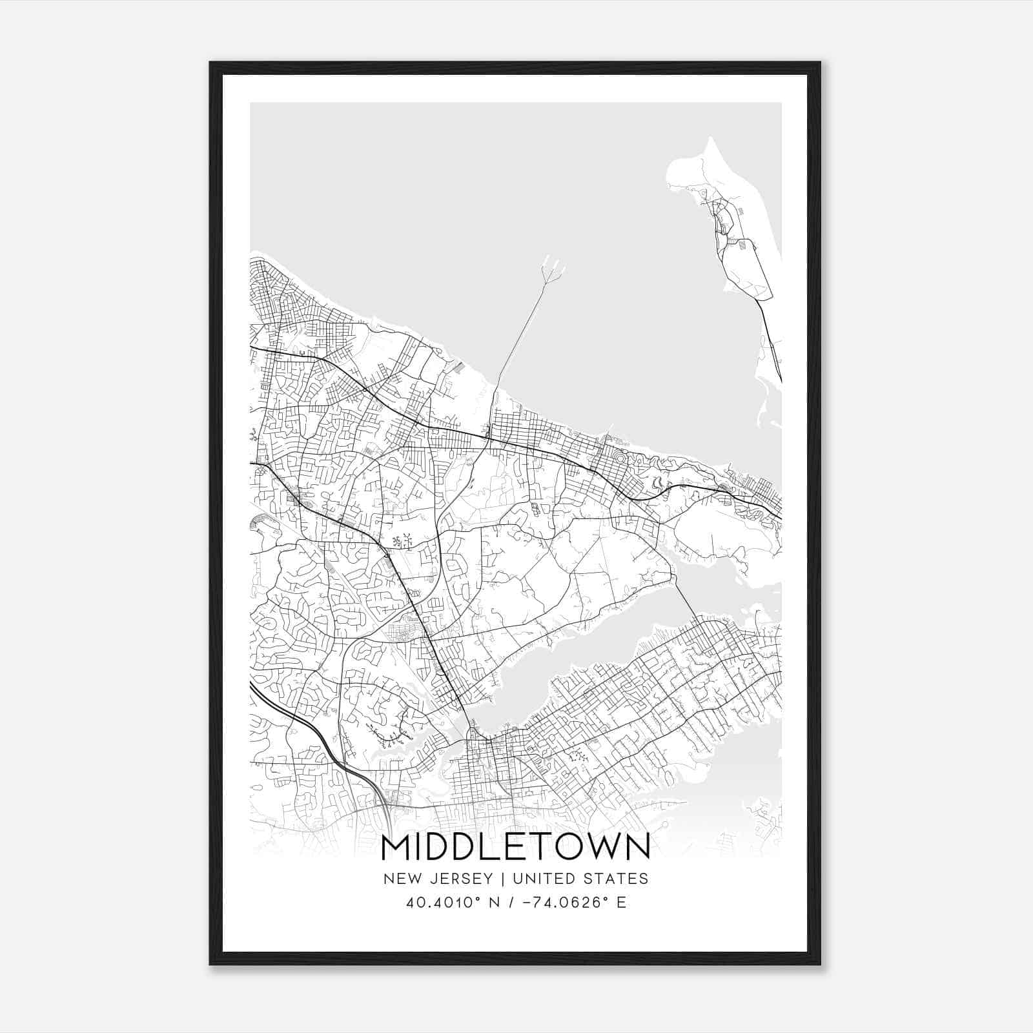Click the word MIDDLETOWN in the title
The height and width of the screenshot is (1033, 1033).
[x=516, y=847]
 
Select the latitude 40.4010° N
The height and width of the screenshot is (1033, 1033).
[x=448, y=903]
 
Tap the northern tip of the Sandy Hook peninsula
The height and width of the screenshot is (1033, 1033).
[x=710, y=139]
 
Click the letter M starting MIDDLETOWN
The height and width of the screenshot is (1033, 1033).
[x=395, y=847]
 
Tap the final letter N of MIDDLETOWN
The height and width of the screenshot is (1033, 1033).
[x=638, y=847]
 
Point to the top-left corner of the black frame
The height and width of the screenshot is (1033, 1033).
[x=211, y=63]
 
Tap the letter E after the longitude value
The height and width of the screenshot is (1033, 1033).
[x=622, y=903]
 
